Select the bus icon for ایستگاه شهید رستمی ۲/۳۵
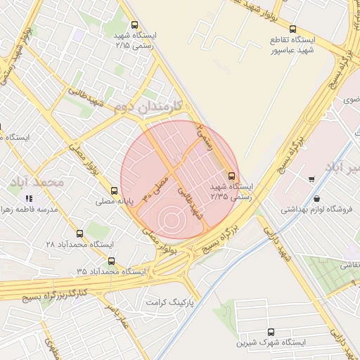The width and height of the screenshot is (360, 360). point(232,176)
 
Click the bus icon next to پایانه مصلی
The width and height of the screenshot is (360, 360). point(115,191)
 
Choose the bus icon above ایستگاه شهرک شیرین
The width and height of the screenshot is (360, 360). point(271,332)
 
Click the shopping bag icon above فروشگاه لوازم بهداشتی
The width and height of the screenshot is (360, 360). point(317,199)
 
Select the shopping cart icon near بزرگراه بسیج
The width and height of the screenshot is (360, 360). point(311,179)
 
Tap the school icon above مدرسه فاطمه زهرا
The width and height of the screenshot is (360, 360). point(28,200)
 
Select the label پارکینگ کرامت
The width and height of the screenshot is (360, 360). point(169,302)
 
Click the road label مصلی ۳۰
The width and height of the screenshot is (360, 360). point(156,186)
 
